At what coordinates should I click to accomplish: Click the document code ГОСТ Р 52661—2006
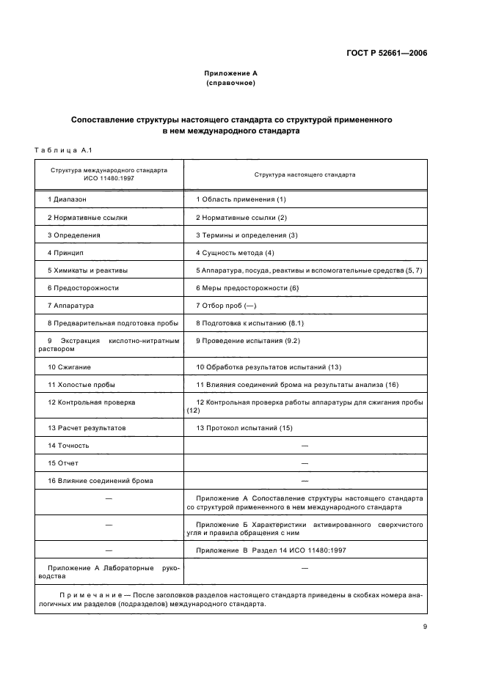tap(387, 53)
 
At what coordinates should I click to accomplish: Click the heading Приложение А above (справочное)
tap(230, 74)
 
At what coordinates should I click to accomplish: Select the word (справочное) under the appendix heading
tap(230, 84)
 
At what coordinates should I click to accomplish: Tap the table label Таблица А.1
tap(62, 150)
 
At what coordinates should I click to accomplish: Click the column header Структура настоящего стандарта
tap(305, 175)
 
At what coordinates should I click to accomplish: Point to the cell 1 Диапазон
tap(67, 199)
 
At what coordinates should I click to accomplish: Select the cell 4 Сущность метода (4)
tap(234, 253)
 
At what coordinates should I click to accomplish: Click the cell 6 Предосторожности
tap(83, 288)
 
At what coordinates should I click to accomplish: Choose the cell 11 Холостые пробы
tap(81, 384)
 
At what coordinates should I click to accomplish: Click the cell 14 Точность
tap(69, 445)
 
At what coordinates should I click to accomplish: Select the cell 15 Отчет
tap(63, 462)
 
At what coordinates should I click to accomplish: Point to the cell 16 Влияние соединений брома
tap(95, 480)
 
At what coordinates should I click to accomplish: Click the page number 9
tap(425, 626)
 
